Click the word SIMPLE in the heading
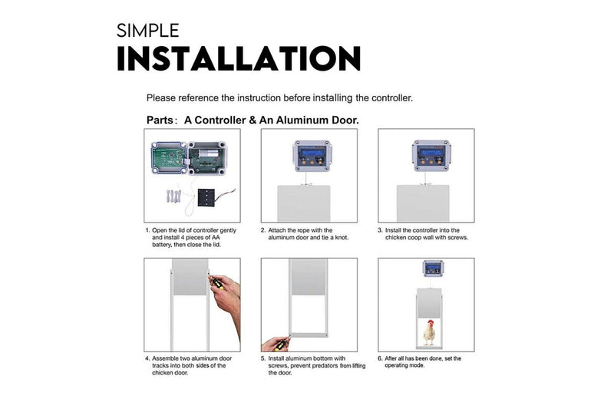point(147,31)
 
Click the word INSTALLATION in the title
point(239,59)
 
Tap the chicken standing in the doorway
point(430,333)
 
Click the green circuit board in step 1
point(168,158)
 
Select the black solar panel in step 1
point(206,198)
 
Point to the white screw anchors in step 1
point(173,196)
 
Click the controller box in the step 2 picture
point(312,156)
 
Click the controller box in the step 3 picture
point(431,156)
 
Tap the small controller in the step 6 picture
point(433,269)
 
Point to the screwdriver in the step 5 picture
point(281,344)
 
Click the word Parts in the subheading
point(160,120)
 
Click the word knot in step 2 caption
point(341,238)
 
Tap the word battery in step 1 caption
point(162,245)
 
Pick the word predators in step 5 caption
point(325,365)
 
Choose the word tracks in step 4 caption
point(160,365)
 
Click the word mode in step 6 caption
point(417,365)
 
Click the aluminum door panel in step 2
point(304,203)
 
